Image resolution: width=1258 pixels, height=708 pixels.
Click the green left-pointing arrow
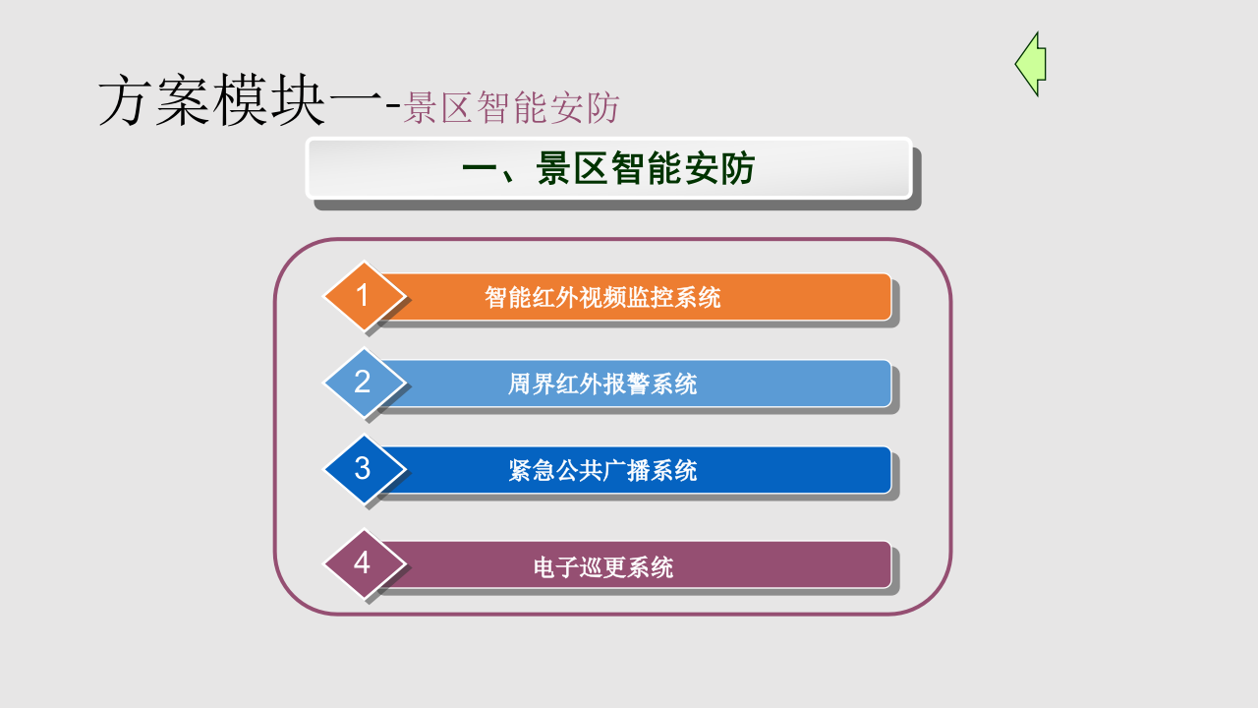coord(1031,64)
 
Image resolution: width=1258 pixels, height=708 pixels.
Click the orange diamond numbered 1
coord(364,295)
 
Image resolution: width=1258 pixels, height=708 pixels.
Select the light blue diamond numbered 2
coord(364,382)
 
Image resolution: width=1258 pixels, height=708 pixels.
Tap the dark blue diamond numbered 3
coord(364,468)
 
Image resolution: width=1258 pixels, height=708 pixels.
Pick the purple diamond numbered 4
coord(364,563)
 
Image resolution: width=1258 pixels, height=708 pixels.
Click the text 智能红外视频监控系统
coord(602,297)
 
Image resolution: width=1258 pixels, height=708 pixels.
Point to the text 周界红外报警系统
coord(602,383)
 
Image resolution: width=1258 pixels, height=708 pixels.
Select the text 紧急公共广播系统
coord(602,470)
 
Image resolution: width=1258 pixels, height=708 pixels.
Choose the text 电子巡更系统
coord(602,566)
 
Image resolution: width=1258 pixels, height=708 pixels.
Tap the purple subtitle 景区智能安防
coord(512,108)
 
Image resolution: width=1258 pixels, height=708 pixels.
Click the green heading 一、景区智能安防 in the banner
coord(608,169)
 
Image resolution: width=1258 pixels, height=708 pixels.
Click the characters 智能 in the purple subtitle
coord(498,108)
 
